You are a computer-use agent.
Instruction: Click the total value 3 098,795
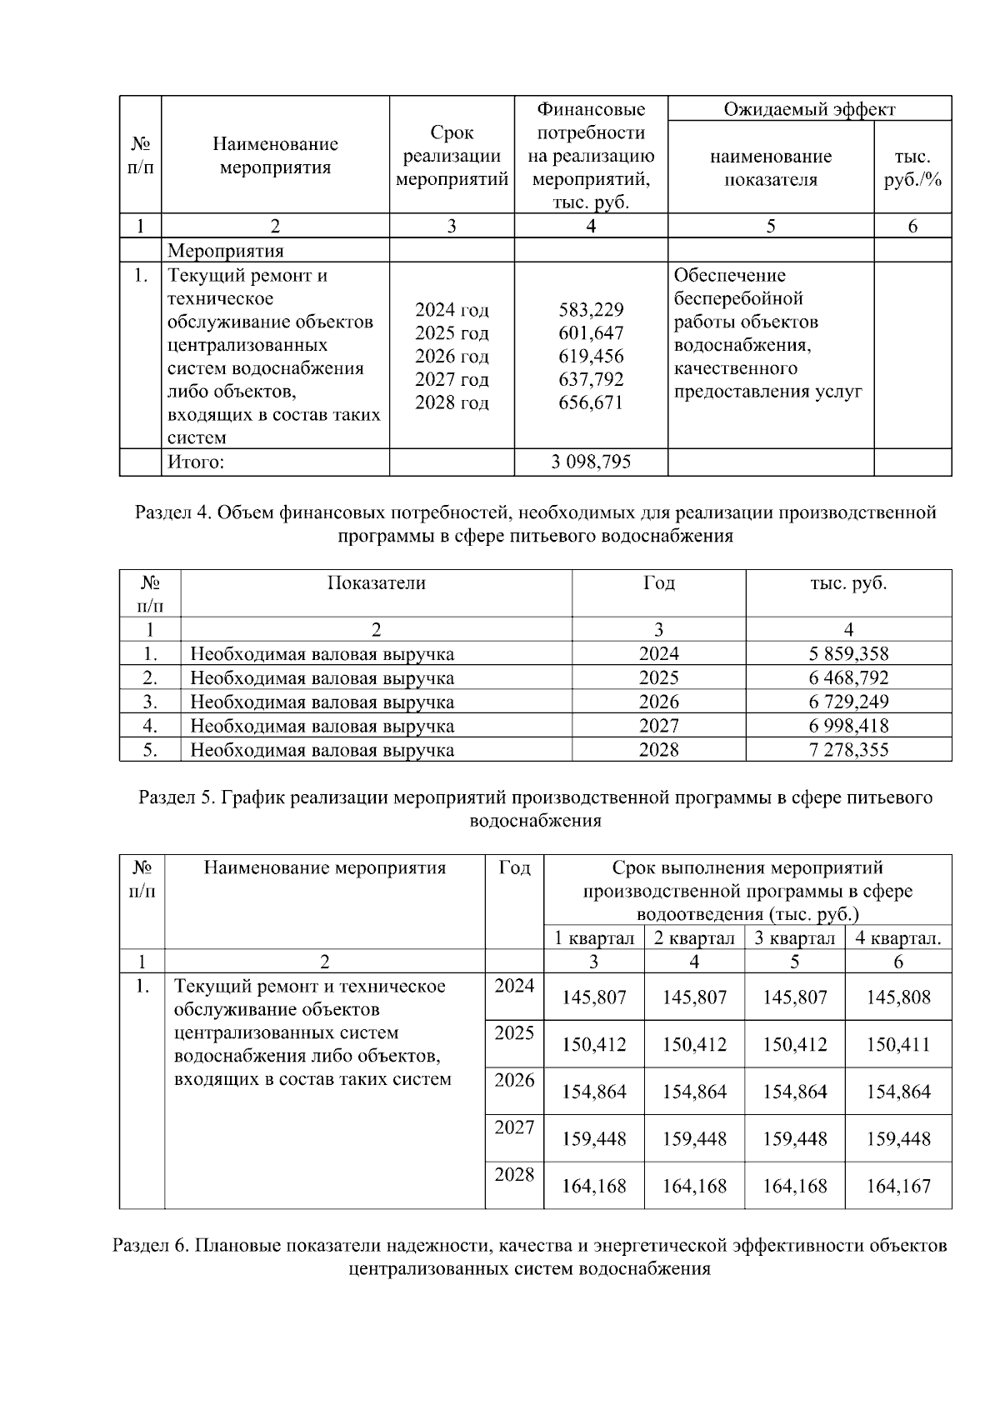(x=591, y=462)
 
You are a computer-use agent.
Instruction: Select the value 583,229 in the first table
(x=591, y=310)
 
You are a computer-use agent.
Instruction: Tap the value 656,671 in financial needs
(x=591, y=403)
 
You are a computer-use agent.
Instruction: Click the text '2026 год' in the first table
(x=452, y=357)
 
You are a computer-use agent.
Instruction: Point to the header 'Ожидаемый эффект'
(x=809, y=109)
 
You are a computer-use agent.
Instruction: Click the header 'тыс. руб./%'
(x=912, y=168)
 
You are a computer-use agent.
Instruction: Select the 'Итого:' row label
(x=196, y=462)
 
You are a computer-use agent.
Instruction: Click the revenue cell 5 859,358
(x=848, y=654)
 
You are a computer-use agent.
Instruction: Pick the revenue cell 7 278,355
(x=848, y=750)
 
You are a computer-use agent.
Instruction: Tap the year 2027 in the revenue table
(x=658, y=726)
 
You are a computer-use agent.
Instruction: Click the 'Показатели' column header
(x=376, y=583)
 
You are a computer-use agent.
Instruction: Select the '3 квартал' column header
(x=794, y=938)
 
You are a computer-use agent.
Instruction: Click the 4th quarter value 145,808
(x=897, y=997)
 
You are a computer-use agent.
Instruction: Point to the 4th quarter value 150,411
(x=897, y=1045)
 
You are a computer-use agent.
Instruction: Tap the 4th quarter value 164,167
(x=897, y=1186)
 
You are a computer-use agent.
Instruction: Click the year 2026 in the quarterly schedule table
(x=514, y=1081)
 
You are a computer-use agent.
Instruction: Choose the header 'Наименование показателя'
(x=770, y=168)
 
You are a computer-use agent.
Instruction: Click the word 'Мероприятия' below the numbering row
(x=225, y=251)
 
